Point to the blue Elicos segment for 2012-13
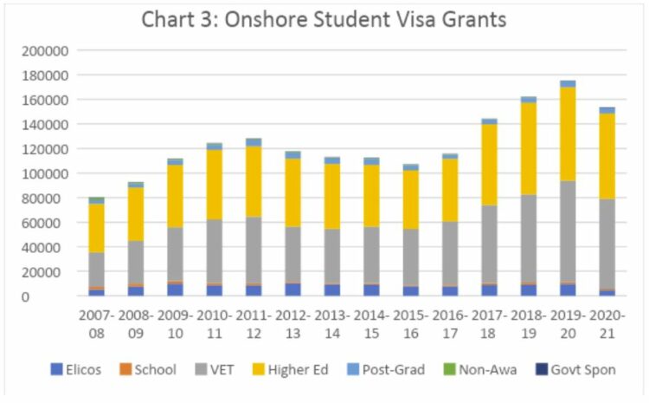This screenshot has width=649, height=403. click(292, 289)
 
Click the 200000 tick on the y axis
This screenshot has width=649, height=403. click(44, 51)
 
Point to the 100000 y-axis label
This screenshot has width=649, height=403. click(44, 173)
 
